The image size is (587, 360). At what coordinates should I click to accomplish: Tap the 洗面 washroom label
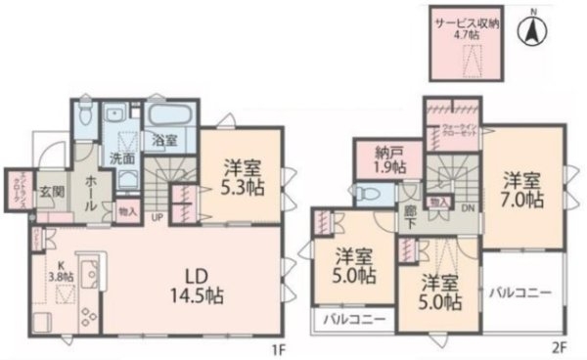[121, 158]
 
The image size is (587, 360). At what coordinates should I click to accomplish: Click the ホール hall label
[89, 186]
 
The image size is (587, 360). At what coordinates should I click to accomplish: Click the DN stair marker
[467, 207]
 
